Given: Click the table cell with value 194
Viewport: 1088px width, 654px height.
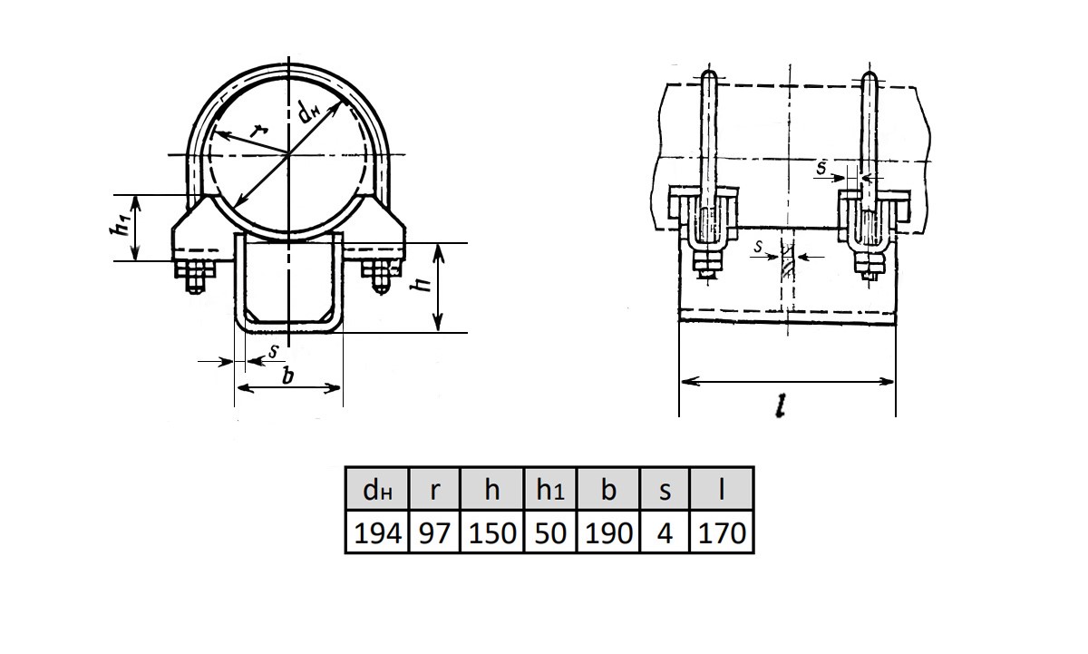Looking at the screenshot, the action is click(377, 532).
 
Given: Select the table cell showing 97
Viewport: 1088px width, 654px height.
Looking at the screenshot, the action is click(434, 532).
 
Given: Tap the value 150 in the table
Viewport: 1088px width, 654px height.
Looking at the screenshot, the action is click(491, 532).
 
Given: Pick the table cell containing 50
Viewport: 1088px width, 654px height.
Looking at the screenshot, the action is click(550, 532).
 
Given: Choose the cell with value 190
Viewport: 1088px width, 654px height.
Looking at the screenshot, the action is click(608, 532).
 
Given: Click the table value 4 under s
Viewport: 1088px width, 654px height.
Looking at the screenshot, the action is click(665, 532).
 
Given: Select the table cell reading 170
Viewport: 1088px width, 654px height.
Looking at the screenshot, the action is click(722, 532).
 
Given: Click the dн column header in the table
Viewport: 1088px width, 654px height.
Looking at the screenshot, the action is click(377, 489).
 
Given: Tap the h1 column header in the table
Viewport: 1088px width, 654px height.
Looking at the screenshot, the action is click(550, 489).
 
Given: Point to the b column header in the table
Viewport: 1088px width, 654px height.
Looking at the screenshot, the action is click(608, 489).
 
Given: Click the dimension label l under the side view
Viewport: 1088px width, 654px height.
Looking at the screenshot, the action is click(781, 405).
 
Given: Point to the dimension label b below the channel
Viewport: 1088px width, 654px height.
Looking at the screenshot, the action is click(288, 376).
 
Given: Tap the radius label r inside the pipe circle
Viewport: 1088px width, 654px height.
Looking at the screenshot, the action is click(260, 131).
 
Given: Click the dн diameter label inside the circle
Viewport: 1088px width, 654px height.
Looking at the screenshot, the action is click(309, 113).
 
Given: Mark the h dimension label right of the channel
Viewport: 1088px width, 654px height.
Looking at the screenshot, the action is click(421, 283).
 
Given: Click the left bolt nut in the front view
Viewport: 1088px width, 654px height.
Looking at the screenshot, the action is click(195, 277).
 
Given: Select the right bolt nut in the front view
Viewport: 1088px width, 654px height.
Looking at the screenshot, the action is click(382, 277).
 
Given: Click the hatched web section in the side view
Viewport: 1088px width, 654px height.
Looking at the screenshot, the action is click(787, 261).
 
